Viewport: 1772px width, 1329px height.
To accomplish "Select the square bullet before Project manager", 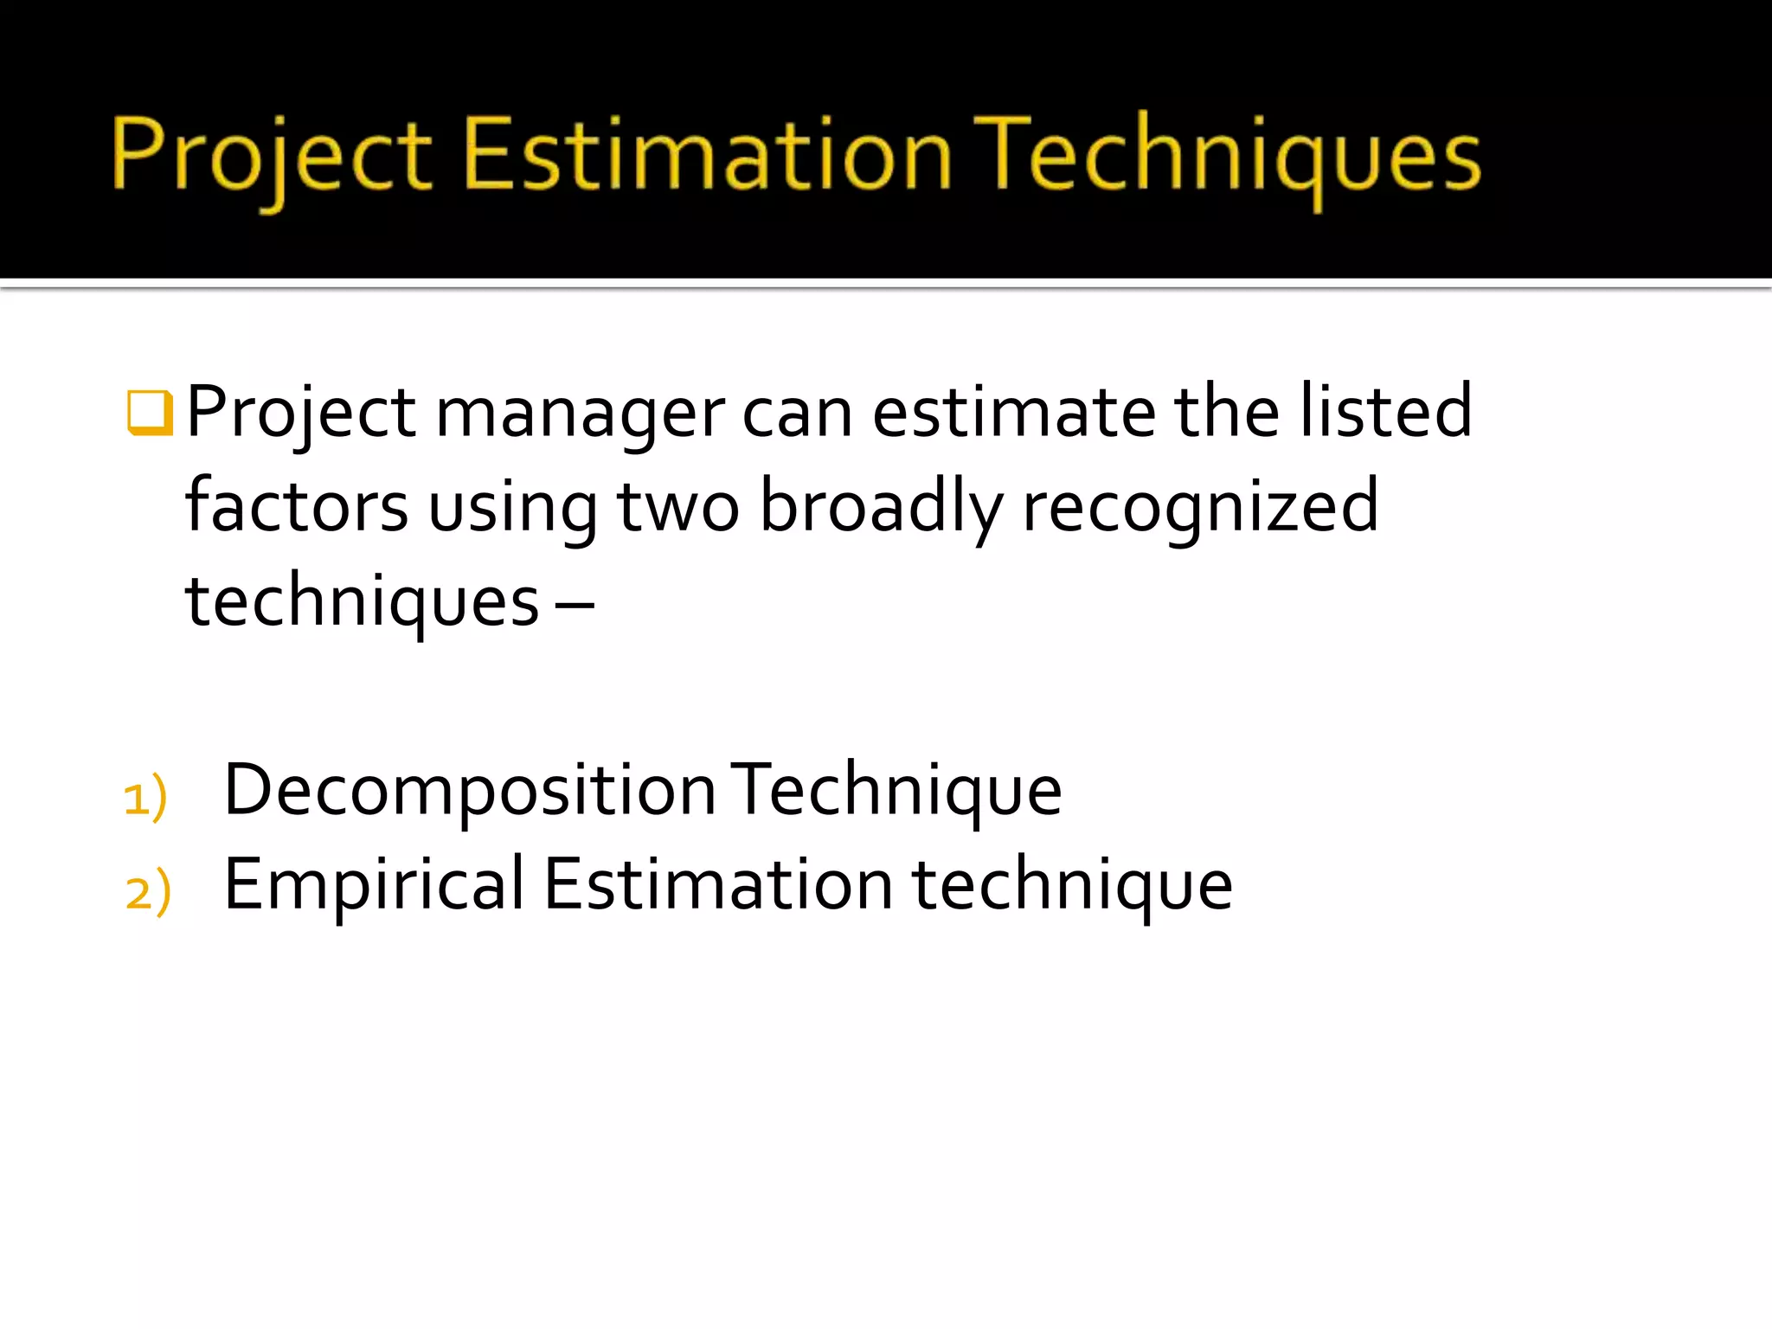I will point(150,412).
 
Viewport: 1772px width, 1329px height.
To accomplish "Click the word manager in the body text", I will point(580,414).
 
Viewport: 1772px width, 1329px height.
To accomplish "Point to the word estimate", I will point(1013,412).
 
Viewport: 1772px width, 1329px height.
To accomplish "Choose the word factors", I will point(296,506).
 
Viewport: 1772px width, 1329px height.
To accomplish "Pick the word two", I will point(678,506).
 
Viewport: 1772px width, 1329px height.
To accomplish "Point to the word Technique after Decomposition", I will point(896,791).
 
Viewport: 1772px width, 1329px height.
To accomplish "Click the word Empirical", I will point(374,884).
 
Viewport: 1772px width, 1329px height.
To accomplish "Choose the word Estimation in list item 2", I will point(718,884).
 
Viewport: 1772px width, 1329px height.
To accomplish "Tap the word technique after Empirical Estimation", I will point(1072,886).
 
